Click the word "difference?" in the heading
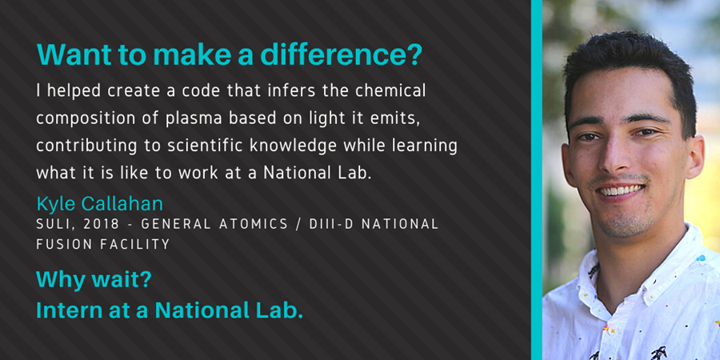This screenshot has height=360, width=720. pyautogui.click(x=341, y=54)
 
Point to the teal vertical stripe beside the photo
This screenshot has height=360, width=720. pyautogui.click(x=536, y=180)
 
